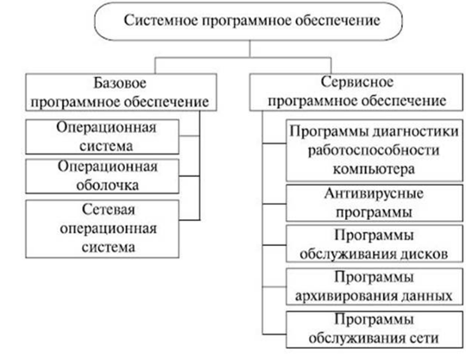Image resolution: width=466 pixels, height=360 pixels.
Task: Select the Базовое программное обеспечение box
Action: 121,92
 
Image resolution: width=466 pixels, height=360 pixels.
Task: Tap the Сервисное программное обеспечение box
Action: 356,92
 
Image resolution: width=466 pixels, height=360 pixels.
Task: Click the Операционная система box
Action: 102,136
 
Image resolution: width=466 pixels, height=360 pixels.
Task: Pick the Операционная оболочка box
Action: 102,176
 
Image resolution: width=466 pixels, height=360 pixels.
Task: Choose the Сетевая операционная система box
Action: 102,229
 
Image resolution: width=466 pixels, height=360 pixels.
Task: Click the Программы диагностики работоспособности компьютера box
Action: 375,150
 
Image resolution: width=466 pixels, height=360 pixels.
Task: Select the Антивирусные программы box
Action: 375,204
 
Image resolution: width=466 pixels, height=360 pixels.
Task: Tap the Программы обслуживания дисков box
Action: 375,243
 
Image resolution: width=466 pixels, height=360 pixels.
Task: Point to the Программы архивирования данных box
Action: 375,287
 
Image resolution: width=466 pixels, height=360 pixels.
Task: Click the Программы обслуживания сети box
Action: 375,330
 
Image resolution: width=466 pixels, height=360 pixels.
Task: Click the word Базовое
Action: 120,83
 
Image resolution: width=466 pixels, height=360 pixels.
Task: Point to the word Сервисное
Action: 357,82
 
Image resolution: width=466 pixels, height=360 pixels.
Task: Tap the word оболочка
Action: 108,186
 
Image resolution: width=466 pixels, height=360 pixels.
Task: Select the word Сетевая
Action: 109,210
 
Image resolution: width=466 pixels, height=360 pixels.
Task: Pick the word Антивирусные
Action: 374,194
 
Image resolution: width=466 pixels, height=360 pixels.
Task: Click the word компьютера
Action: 374,170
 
